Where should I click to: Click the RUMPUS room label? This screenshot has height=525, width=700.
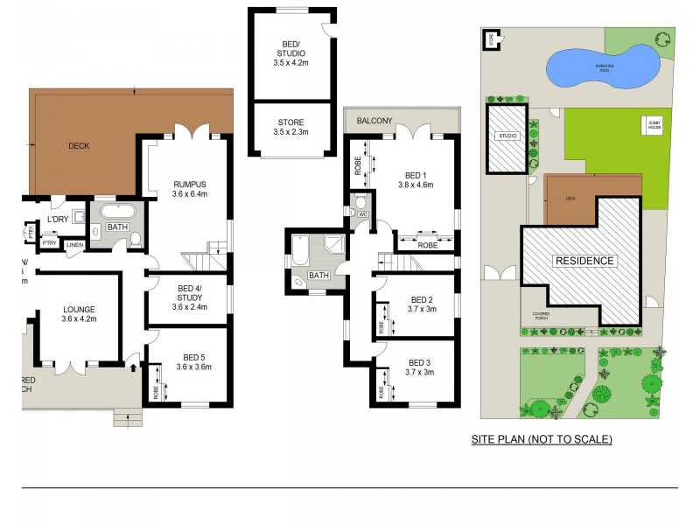point(189,184)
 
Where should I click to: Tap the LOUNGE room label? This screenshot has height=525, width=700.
point(78,309)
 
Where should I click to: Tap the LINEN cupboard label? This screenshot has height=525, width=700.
point(75,245)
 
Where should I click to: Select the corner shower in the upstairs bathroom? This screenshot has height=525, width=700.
point(334,246)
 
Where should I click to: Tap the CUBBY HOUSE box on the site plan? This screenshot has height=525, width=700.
point(653,124)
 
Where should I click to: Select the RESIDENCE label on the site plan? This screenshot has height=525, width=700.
point(583,261)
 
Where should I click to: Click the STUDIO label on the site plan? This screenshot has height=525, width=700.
point(507,136)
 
